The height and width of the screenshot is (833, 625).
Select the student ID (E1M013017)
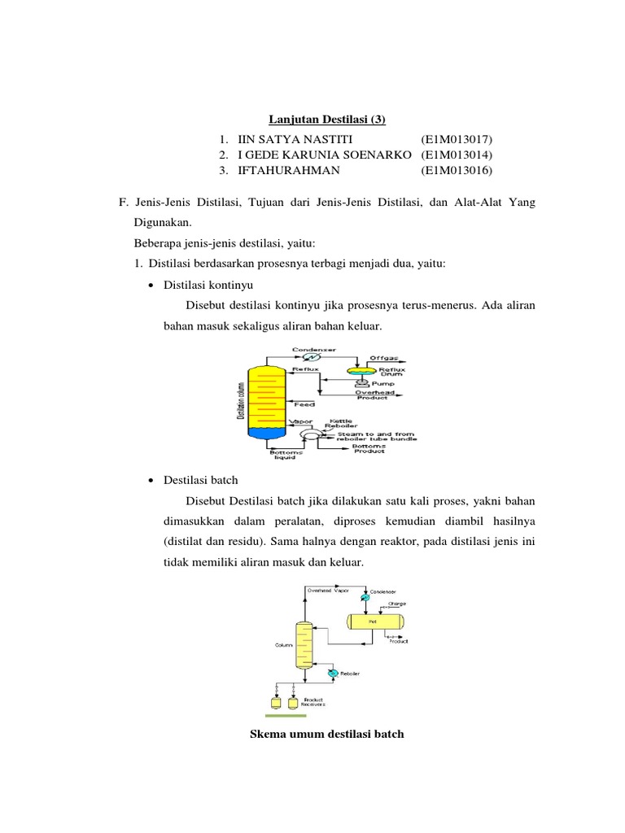pos(457,139)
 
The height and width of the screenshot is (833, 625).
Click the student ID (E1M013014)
pos(457,155)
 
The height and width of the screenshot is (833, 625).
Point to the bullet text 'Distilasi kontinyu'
pos(209,285)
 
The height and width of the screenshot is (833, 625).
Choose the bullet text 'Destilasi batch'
pos(201,481)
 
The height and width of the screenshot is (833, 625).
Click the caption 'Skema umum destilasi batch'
pos(326,734)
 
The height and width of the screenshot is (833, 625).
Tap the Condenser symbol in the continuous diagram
pos(308,355)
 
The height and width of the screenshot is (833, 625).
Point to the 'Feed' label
pos(304,404)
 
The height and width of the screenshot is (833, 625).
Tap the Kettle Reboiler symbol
pos(311,436)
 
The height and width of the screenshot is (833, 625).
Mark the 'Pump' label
pos(380,382)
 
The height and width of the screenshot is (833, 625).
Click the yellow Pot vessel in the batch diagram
pos(375,621)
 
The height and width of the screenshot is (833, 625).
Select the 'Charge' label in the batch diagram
pos(397,603)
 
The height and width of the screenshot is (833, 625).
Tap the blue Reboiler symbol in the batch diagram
pos(332,674)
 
